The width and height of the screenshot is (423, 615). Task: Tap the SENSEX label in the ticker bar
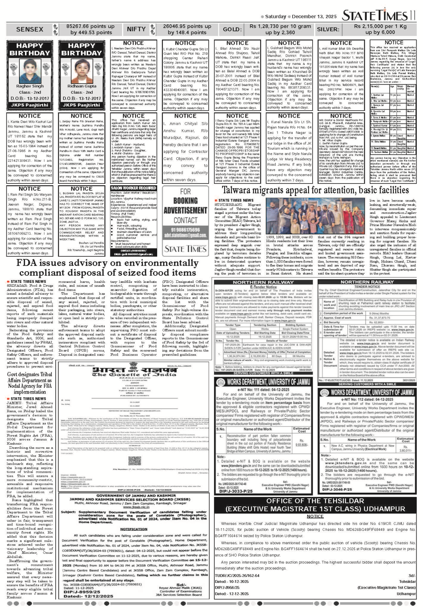pos(30,29)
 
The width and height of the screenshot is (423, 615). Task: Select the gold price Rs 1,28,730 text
pos(280,26)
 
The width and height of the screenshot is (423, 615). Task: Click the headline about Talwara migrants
pos(315,191)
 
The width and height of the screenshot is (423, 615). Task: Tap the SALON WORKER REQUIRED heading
pos(134,188)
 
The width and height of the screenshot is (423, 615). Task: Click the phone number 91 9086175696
pos(185,230)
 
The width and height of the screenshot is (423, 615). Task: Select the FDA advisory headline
pos(107,268)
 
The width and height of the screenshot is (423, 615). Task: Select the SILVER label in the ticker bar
pos(328,29)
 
